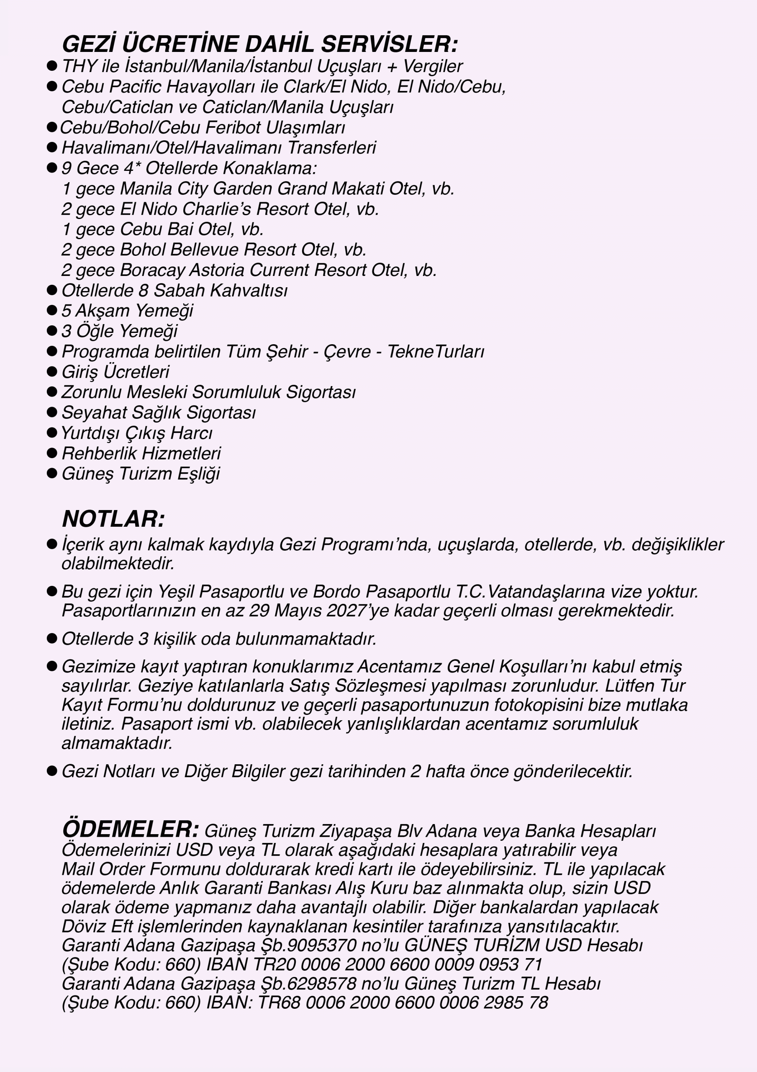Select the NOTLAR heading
click(x=113, y=519)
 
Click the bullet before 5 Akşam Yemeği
click(x=52, y=310)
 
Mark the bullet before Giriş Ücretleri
click(x=52, y=372)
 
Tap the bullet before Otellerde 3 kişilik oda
click(x=52, y=638)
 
